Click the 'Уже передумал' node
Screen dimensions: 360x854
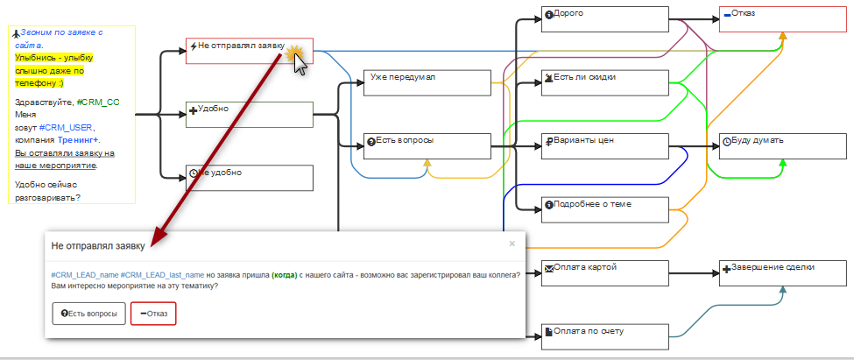(x=427, y=82)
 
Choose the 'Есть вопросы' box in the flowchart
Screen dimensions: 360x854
(x=427, y=146)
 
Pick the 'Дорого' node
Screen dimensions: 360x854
(x=604, y=19)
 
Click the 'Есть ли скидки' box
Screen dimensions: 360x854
(x=604, y=82)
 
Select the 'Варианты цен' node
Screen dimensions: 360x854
(x=604, y=146)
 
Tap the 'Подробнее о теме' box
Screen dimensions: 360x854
(x=604, y=209)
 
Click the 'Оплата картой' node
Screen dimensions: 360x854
(x=604, y=272)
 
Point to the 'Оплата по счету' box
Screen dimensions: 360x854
(x=604, y=337)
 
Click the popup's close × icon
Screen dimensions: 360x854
(x=512, y=244)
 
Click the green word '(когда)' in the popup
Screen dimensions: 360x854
(x=285, y=275)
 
